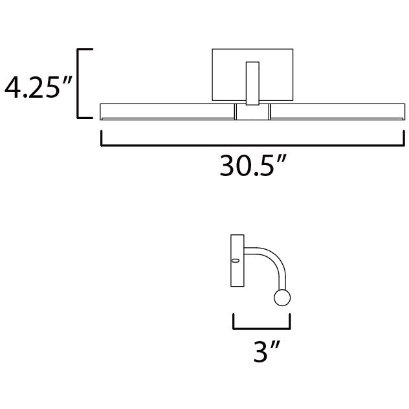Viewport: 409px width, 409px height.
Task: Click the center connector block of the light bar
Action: coord(252,113)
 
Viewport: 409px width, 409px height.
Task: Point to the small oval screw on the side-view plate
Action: coord(236,261)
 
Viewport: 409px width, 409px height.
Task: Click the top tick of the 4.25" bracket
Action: coord(86,49)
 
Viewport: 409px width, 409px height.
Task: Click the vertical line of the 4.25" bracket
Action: coord(79,83)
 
